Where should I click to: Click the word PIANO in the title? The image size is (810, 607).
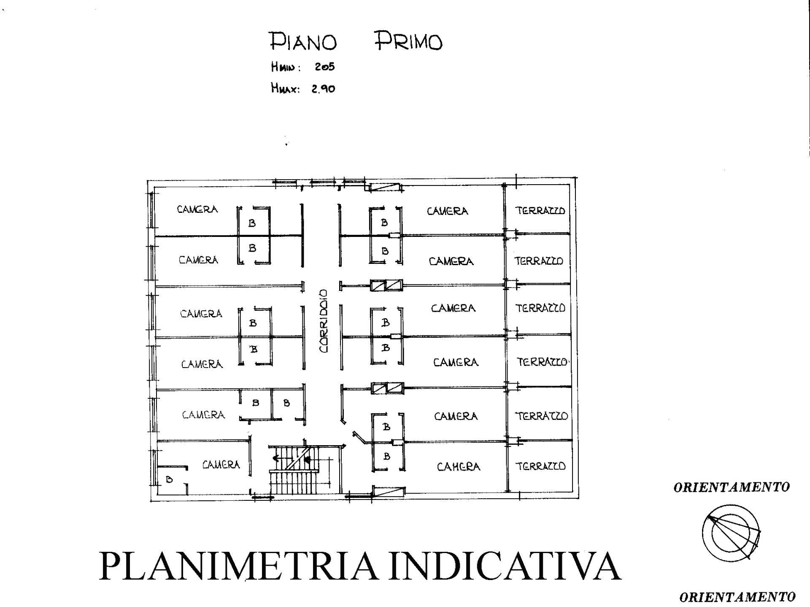(303, 41)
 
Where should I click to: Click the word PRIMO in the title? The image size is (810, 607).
(408, 41)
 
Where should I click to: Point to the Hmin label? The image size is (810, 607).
(286, 67)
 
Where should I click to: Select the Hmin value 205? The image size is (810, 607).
(325, 67)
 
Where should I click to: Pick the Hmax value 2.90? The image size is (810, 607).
(324, 89)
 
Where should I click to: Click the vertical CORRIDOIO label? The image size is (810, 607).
(323, 321)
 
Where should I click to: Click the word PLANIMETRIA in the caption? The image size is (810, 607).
(238, 566)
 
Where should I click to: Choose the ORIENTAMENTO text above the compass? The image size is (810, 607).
(732, 487)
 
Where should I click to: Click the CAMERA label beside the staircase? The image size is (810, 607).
(221, 465)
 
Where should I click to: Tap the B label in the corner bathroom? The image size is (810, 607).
(169, 479)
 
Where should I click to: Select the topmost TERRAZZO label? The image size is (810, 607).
(540, 210)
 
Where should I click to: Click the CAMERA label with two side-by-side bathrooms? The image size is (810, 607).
(203, 415)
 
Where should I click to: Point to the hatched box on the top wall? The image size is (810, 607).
(384, 188)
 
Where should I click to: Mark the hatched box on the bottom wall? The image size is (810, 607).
(388, 492)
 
